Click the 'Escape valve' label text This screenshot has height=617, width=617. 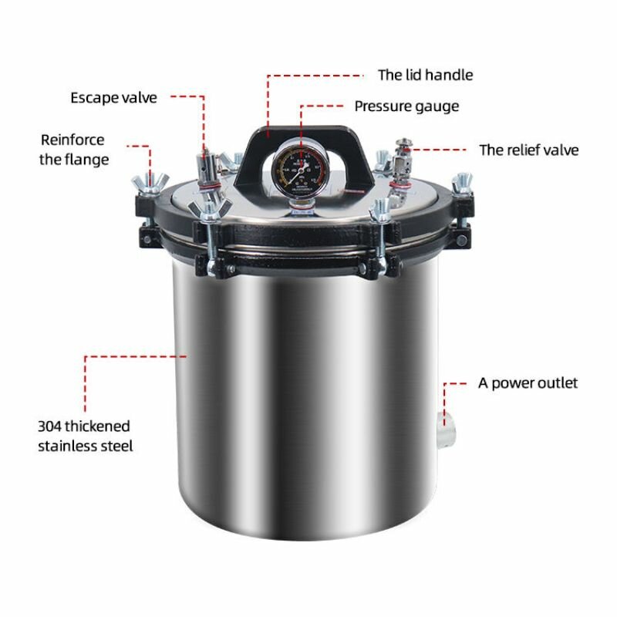113,98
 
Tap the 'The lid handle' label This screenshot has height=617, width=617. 426,75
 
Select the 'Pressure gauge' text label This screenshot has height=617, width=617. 406,106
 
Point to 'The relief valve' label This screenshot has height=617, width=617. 529,150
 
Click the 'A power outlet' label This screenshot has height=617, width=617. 528,383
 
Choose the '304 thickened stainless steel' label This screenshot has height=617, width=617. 86,436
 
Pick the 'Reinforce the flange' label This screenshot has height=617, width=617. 74,150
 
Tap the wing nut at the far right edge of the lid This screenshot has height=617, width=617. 462,184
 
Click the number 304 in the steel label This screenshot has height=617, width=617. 50,427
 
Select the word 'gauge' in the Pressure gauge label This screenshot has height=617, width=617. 436,107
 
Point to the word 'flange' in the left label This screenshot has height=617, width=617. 84,160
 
